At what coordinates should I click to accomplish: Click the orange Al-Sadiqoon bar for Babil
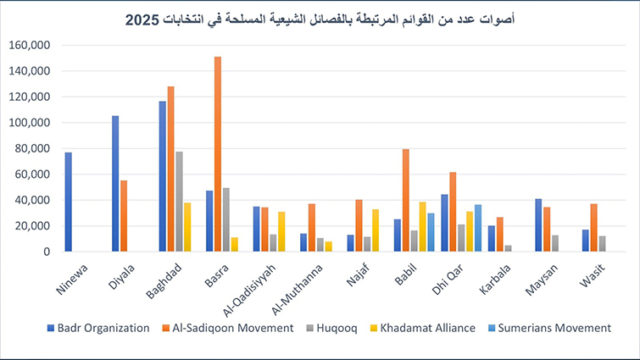tap(406, 201)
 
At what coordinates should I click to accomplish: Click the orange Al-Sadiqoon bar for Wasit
tap(594, 228)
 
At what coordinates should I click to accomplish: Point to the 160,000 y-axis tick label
tap(31, 45)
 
